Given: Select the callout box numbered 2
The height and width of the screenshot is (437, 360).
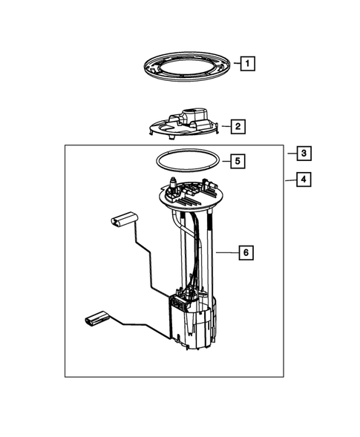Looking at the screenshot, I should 237,127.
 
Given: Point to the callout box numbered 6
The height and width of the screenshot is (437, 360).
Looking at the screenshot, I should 245,253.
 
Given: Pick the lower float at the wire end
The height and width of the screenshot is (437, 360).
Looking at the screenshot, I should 94,320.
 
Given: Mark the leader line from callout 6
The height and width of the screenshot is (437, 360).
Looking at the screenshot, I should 227,253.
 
